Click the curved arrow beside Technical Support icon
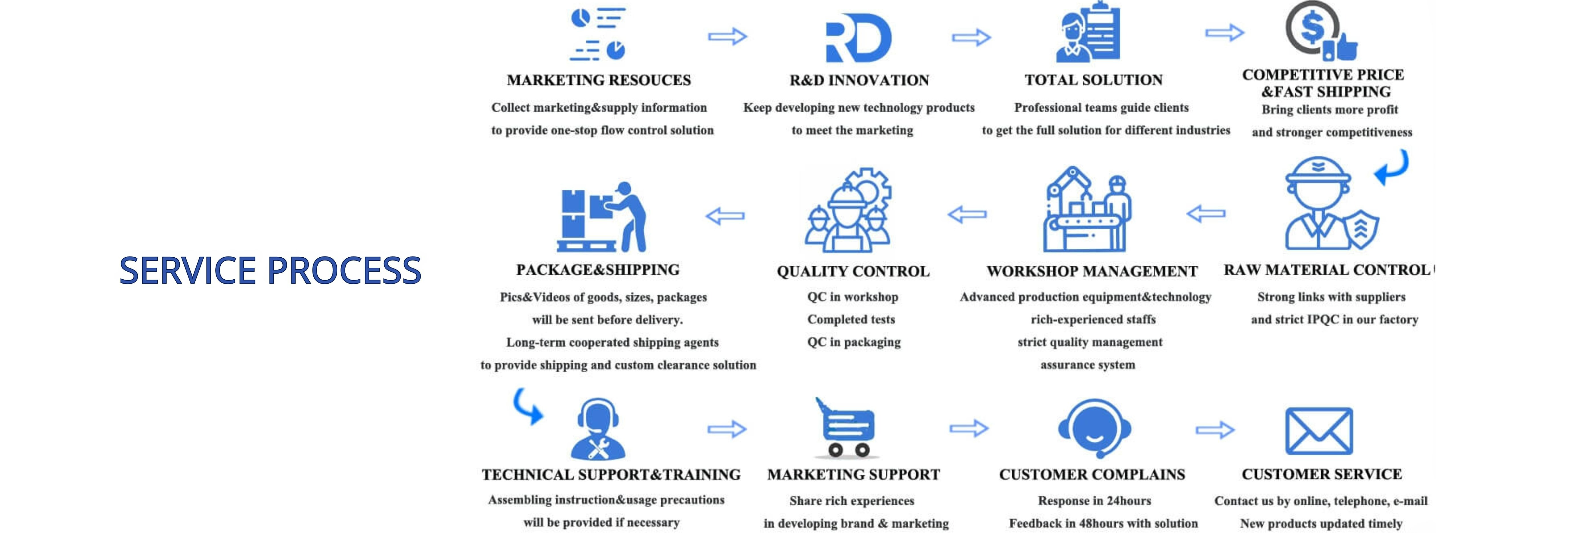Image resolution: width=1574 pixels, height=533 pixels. point(528,407)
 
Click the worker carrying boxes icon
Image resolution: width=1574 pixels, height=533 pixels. point(602,217)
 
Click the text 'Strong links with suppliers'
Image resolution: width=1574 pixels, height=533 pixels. point(1331,297)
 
